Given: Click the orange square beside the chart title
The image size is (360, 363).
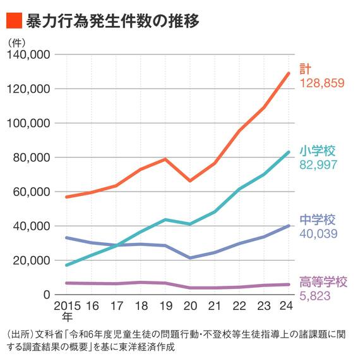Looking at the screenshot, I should (13, 21).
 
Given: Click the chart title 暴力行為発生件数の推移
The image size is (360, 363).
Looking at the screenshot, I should (113, 21).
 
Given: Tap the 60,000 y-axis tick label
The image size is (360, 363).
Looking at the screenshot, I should (30, 192).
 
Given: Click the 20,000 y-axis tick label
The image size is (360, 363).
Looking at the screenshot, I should (30, 260).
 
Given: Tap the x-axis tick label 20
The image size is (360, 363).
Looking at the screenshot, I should (190, 306).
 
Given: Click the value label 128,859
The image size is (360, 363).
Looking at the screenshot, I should (323, 83).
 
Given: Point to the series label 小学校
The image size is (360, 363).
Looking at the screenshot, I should (318, 151).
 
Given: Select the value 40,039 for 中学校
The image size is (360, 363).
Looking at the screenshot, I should (320, 234).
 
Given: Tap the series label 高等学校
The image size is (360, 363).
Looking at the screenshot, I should (323, 282).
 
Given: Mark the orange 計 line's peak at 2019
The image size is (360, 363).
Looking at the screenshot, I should (165, 159).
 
